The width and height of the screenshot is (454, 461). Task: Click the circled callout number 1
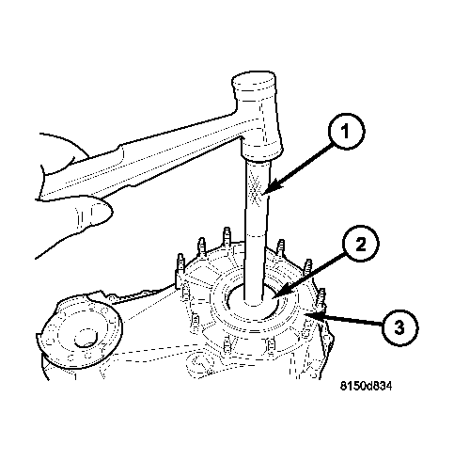click(x=346, y=131)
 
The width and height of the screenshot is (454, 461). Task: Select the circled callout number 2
click(x=360, y=244)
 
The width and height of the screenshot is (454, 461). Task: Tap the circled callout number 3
click(x=399, y=327)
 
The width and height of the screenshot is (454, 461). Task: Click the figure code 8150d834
click(x=366, y=386)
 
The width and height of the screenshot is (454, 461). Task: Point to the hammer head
click(x=257, y=115)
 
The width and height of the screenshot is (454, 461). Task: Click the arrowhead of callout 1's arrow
click(x=268, y=189)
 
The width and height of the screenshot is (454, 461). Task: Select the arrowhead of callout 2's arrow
click(x=275, y=294)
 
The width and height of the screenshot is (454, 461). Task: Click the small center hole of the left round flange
click(x=86, y=338)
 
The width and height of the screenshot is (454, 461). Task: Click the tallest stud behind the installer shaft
click(x=227, y=238)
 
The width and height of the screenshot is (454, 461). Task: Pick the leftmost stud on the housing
click(x=180, y=264)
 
